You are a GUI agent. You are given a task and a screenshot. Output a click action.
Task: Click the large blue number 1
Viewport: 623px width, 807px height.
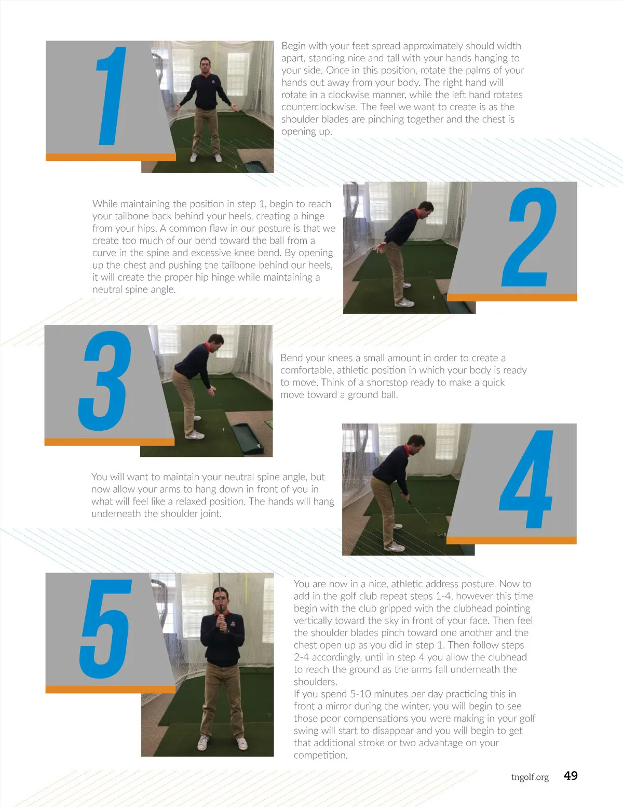tap(111, 96)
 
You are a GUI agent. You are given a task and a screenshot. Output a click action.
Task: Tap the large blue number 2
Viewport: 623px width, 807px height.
tap(529, 236)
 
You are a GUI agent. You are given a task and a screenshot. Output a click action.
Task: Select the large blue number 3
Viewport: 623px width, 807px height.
tap(105, 381)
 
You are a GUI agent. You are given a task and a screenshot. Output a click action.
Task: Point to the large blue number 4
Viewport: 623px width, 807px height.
tap(526, 479)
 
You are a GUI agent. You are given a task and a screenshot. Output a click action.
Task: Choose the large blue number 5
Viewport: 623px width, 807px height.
tap(106, 629)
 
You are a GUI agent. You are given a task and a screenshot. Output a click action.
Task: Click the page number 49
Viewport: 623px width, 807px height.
tap(571, 775)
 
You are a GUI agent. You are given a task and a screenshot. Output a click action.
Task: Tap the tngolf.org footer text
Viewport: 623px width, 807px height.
tap(530, 777)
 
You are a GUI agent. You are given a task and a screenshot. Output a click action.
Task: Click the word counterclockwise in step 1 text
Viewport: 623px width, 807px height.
tap(319, 107)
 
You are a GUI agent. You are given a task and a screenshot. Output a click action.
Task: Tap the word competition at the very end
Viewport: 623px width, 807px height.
tap(321, 756)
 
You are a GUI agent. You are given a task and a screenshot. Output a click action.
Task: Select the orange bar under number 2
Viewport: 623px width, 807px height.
tap(512, 297)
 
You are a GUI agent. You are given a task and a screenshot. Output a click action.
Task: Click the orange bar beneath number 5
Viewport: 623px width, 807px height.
tap(111, 690)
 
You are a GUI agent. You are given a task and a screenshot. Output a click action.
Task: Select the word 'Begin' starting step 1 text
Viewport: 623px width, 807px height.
tap(293, 46)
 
